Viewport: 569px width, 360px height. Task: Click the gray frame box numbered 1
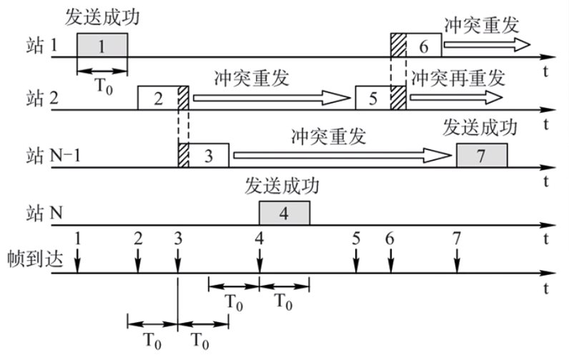point(102,45)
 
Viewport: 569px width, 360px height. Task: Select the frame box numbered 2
point(163,98)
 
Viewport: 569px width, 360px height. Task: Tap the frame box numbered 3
point(204,155)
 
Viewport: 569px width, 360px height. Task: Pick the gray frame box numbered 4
point(284,213)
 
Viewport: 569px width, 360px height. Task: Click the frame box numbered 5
point(381,98)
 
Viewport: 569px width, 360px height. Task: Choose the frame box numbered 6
point(416,45)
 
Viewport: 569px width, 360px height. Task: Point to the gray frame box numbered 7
point(482,155)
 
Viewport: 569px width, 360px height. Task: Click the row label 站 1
point(41,46)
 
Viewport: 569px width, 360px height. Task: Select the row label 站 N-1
point(53,156)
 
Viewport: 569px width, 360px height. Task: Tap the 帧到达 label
point(35,259)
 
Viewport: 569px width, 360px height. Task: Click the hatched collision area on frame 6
point(398,45)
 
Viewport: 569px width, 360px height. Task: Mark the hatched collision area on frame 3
point(184,155)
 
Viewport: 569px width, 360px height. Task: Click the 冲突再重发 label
point(458,78)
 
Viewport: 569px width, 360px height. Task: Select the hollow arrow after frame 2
point(272,98)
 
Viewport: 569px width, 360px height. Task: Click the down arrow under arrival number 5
point(357,260)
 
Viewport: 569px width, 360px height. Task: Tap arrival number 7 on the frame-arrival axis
point(457,239)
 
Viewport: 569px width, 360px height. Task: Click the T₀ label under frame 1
point(104,86)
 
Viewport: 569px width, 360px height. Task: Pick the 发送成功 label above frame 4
point(282,186)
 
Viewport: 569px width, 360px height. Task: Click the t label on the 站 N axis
point(546,238)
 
